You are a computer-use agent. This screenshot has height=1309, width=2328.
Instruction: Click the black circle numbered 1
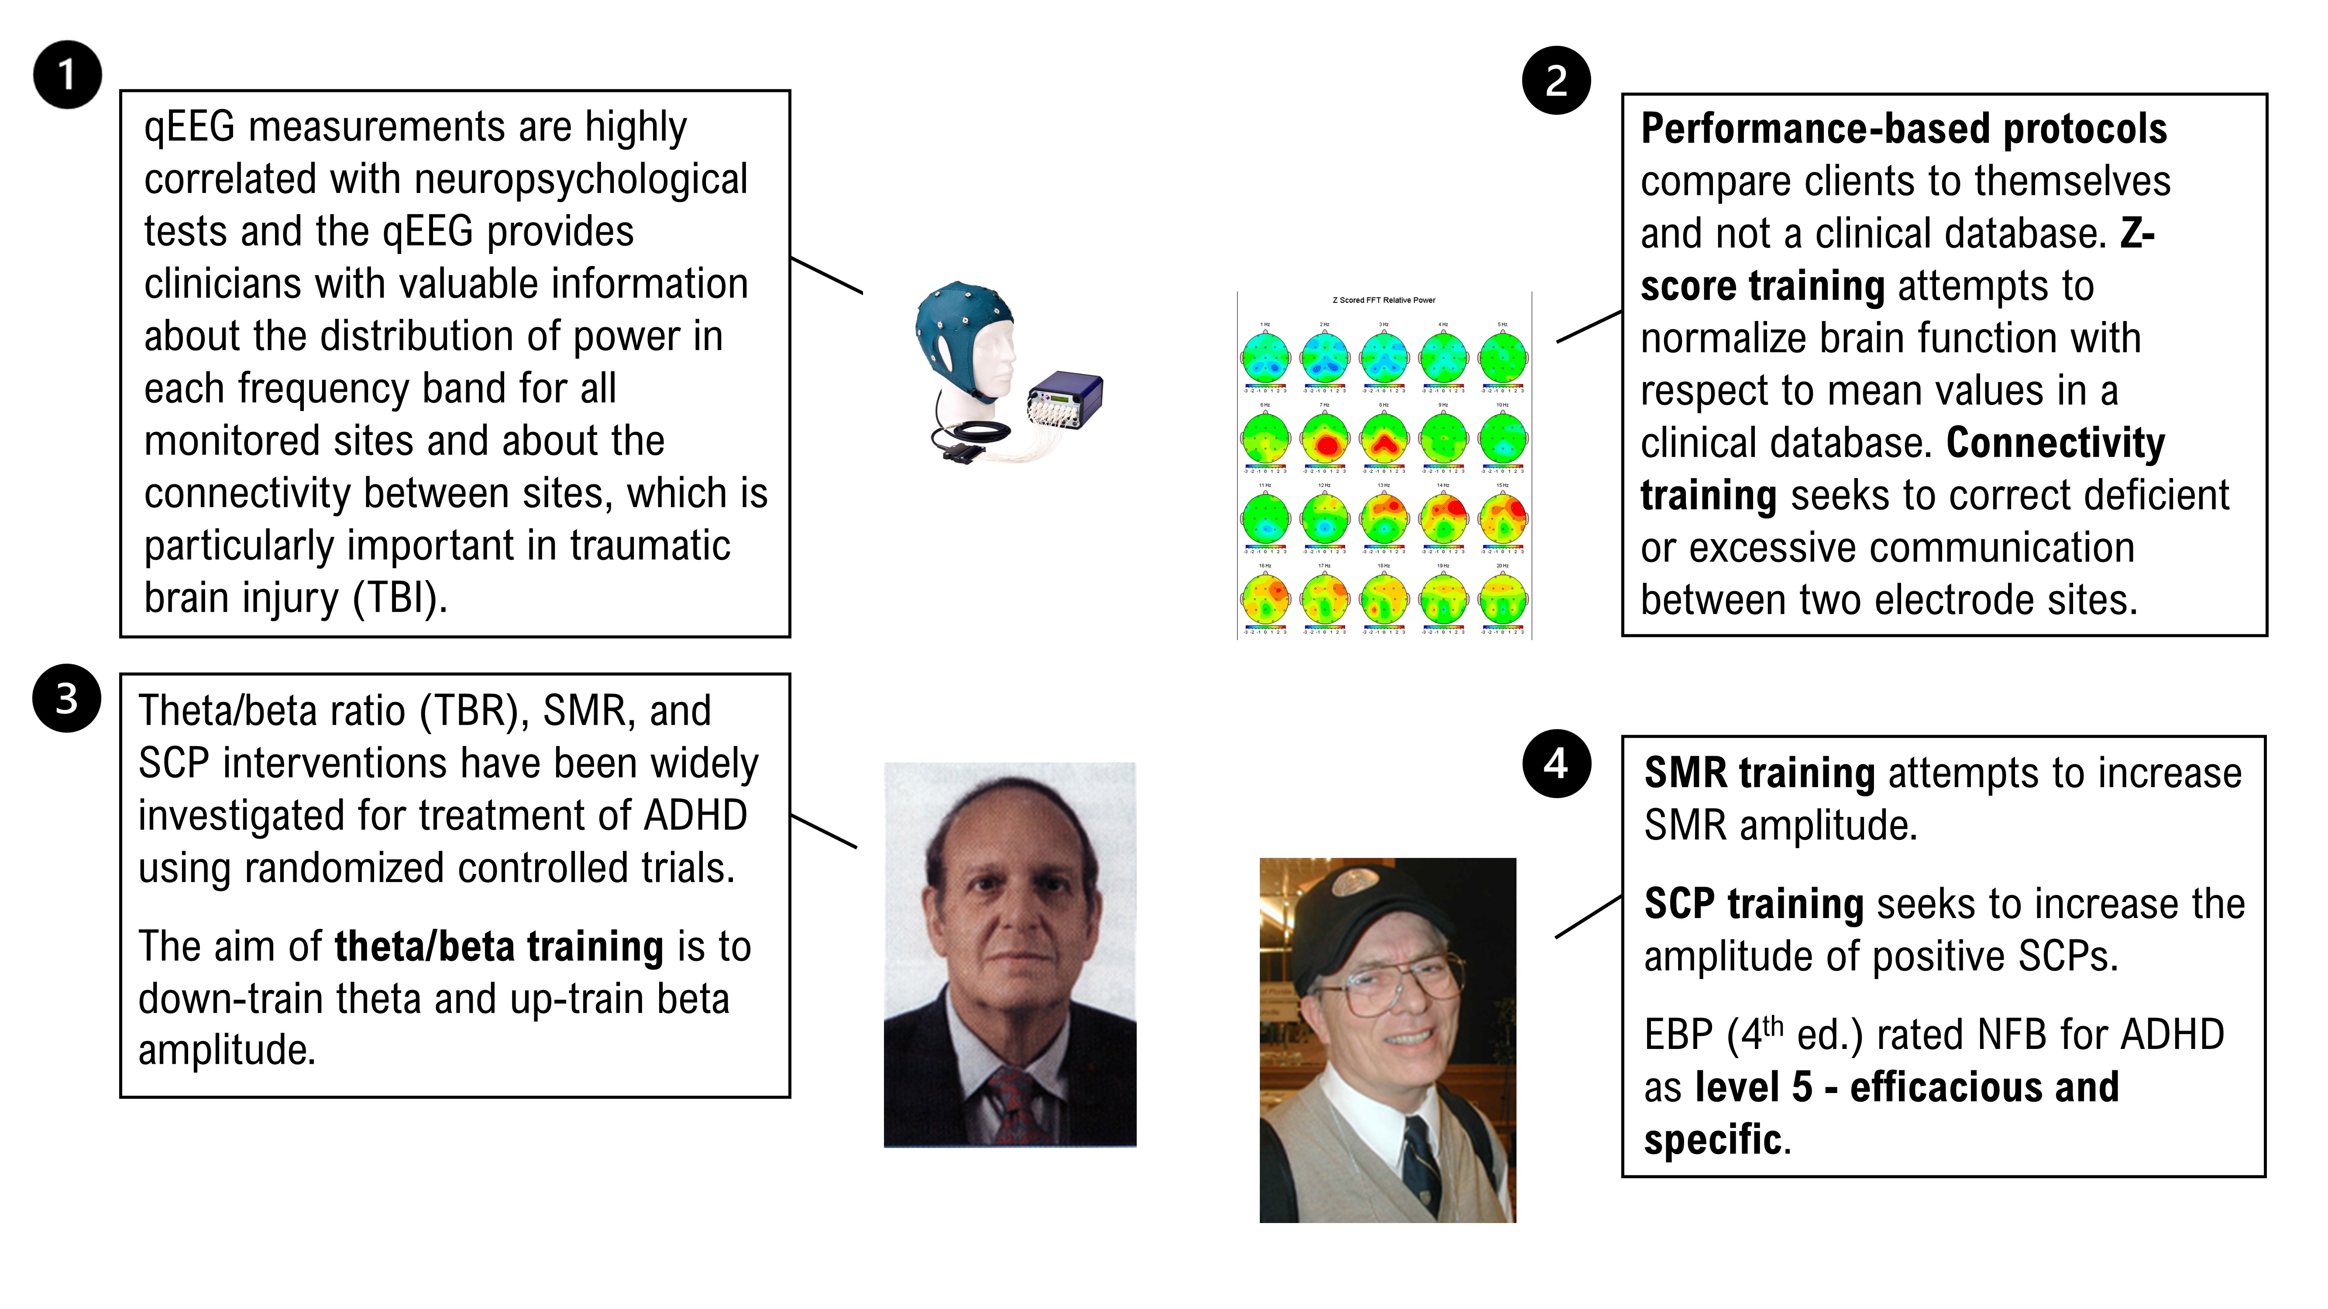[67, 75]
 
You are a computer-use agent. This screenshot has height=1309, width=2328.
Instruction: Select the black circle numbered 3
[67, 698]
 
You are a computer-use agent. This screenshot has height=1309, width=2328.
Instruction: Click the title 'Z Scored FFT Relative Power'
[1384, 300]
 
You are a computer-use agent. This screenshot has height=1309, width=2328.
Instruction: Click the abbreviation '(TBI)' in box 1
[399, 598]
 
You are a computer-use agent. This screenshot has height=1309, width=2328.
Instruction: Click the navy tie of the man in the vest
[1422, 1165]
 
